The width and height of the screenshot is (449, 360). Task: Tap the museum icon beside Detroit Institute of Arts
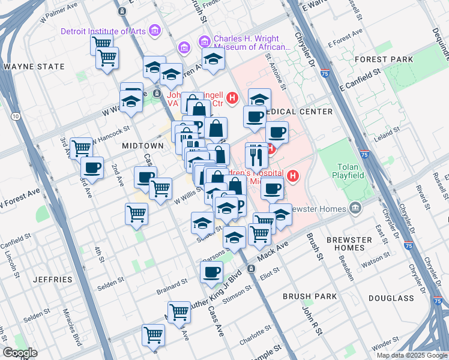pyautogui.click(x=155, y=30)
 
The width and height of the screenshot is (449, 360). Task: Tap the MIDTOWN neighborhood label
pyautogui.click(x=142, y=146)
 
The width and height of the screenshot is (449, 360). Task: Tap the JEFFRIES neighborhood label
pyautogui.click(x=53, y=280)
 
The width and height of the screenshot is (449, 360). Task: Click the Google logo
pyautogui.click(x=20, y=353)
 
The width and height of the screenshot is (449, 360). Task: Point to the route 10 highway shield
pyautogui.click(x=15, y=115)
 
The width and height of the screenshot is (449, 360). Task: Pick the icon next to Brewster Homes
pyautogui.click(x=355, y=208)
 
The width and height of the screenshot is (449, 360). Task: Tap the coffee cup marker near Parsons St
pyautogui.click(x=211, y=272)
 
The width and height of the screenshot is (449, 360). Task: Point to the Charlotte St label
pyautogui.click(x=253, y=338)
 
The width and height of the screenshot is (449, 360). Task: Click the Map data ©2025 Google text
pyautogui.click(x=411, y=355)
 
